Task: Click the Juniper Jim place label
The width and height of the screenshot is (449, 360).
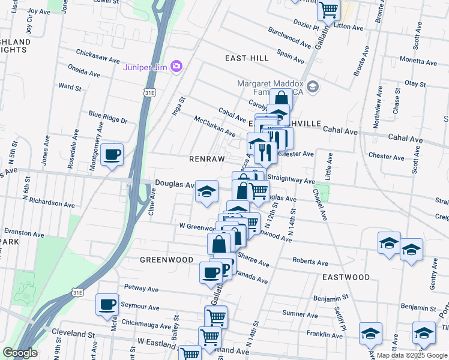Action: [x=144, y=67]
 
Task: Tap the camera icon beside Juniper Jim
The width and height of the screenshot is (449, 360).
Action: [x=176, y=66]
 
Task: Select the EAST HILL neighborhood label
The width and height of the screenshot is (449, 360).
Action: [x=247, y=58]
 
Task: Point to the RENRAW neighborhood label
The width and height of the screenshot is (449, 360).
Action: [x=206, y=159]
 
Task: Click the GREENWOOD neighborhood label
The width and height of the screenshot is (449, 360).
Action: [x=166, y=260]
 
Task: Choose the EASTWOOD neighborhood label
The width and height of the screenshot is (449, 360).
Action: [x=346, y=277]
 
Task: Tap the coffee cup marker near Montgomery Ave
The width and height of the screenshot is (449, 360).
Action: [x=112, y=155]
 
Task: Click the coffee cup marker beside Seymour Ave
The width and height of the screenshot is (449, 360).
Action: [x=107, y=304]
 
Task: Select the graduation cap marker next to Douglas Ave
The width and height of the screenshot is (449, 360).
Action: [x=206, y=192]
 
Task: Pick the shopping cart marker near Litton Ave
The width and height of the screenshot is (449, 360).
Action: [x=328, y=9]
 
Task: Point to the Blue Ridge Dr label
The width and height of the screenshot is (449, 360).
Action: [x=109, y=116]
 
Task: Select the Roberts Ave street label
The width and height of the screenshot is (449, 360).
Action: [x=310, y=262]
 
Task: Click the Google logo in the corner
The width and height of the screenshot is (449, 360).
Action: [x=20, y=353]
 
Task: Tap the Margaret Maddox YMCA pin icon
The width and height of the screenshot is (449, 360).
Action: [x=313, y=88]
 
